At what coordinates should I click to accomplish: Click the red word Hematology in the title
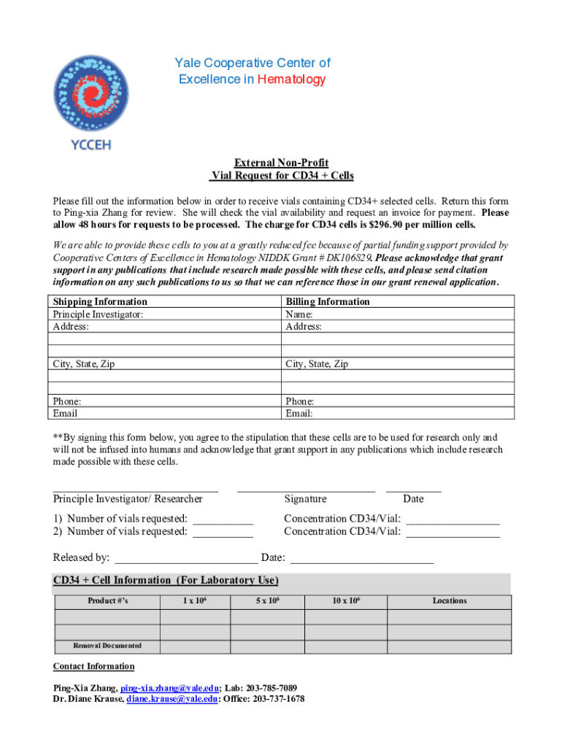291,79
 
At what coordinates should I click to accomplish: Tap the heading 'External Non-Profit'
281,163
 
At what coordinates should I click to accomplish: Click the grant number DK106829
347,258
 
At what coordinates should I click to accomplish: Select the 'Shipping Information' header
100,301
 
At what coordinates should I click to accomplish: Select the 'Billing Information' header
328,301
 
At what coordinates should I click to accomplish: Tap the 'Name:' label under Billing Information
299,314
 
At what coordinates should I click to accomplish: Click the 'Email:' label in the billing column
299,414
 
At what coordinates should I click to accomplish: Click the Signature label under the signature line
305,499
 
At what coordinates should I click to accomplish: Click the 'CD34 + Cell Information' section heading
166,581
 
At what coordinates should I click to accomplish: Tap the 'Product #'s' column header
108,601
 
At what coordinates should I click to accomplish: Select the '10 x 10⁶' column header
346,601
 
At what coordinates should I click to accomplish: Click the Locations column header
449,601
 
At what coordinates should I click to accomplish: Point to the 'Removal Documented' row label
107,646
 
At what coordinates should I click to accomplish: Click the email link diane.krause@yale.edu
172,699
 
